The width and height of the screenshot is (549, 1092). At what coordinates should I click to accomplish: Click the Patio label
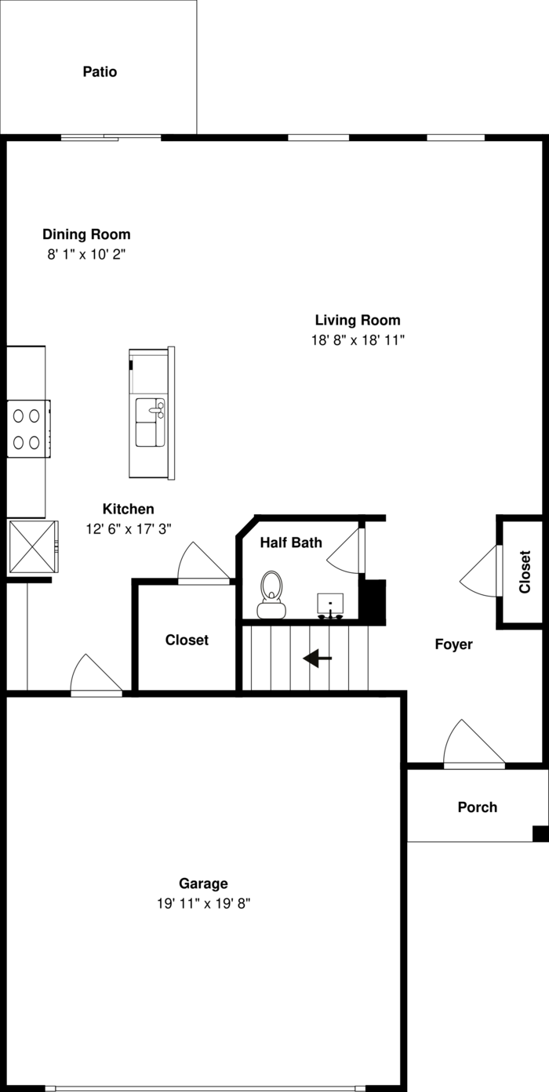(x=100, y=72)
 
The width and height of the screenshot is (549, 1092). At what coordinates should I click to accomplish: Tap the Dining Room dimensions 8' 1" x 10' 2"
(x=86, y=255)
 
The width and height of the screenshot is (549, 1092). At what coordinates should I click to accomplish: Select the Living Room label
(x=358, y=320)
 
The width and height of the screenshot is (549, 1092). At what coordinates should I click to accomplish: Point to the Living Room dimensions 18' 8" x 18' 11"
(x=358, y=340)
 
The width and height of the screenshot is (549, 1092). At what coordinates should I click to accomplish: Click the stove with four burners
(x=27, y=429)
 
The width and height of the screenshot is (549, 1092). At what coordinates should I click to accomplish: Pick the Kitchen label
(x=128, y=509)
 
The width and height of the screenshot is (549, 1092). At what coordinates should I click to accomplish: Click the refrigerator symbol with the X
(x=31, y=547)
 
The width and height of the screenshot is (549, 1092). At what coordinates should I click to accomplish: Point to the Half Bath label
(x=291, y=542)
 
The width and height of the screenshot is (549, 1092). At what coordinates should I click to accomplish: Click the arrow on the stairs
(x=317, y=658)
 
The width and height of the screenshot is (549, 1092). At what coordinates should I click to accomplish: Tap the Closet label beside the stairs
(x=187, y=640)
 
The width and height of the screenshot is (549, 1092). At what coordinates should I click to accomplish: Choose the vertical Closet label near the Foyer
(x=525, y=571)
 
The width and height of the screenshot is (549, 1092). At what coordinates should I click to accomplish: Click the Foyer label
(x=454, y=644)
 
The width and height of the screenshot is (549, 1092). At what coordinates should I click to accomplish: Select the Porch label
(x=477, y=807)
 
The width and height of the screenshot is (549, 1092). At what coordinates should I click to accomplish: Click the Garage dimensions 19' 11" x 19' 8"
(x=203, y=904)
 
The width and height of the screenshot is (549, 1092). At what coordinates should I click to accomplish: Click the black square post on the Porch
(x=540, y=833)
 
